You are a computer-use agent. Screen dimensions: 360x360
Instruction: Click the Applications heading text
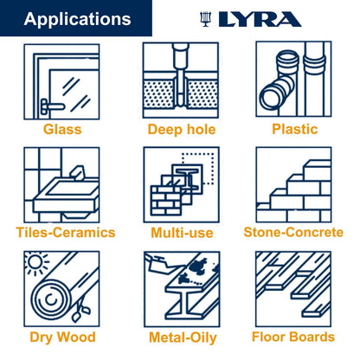(x=78, y=19)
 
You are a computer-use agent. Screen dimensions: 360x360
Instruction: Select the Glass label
(x=62, y=130)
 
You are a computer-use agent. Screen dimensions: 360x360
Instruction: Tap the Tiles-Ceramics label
(x=65, y=233)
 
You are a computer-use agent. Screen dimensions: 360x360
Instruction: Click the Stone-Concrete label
(x=293, y=233)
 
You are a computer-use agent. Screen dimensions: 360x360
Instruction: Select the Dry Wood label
(x=62, y=337)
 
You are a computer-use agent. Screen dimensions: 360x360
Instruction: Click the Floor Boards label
(x=293, y=337)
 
